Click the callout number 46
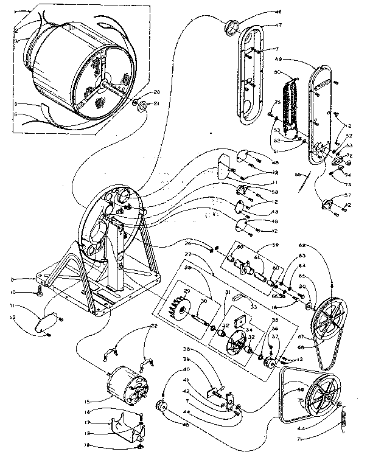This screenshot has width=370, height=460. coord(262,12)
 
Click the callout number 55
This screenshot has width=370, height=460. coord(299,174)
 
